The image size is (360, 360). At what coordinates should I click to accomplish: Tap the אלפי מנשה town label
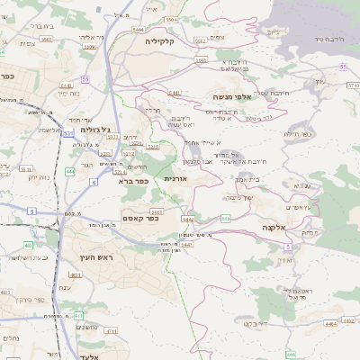235,96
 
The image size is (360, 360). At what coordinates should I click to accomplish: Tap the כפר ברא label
131,181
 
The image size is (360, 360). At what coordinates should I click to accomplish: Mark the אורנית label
175,178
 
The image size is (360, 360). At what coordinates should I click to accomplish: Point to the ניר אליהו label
94,37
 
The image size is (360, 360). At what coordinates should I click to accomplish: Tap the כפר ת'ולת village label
293,133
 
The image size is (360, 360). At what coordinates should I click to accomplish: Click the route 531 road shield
68,133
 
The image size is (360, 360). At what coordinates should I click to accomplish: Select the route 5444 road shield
139,30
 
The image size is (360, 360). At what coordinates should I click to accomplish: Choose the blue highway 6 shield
93,182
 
